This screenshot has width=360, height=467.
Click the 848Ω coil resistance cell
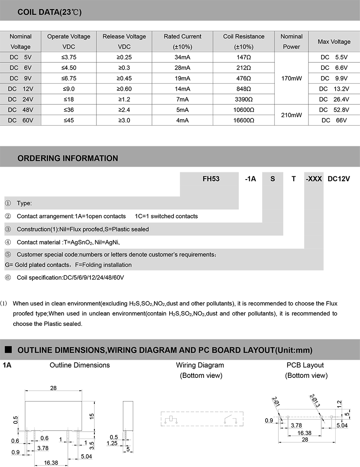(244, 89)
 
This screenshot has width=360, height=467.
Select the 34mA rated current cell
(182, 57)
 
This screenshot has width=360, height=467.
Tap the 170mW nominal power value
(291, 78)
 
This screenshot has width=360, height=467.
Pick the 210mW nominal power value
(291, 115)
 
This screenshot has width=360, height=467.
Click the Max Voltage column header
(334, 42)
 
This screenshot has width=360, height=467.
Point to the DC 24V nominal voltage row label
(20, 99)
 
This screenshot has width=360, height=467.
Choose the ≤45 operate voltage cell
(68, 120)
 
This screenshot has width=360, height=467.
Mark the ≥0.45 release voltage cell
(124, 78)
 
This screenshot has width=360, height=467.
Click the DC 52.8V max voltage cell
(334, 110)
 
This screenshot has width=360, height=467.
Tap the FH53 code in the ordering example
(211, 179)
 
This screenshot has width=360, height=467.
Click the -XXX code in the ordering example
(314, 179)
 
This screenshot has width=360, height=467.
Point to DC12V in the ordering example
(338, 179)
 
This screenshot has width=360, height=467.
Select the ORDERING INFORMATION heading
(68, 158)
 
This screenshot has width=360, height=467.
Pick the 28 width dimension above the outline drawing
(53, 388)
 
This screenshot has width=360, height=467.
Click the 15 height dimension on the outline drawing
(92, 416)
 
